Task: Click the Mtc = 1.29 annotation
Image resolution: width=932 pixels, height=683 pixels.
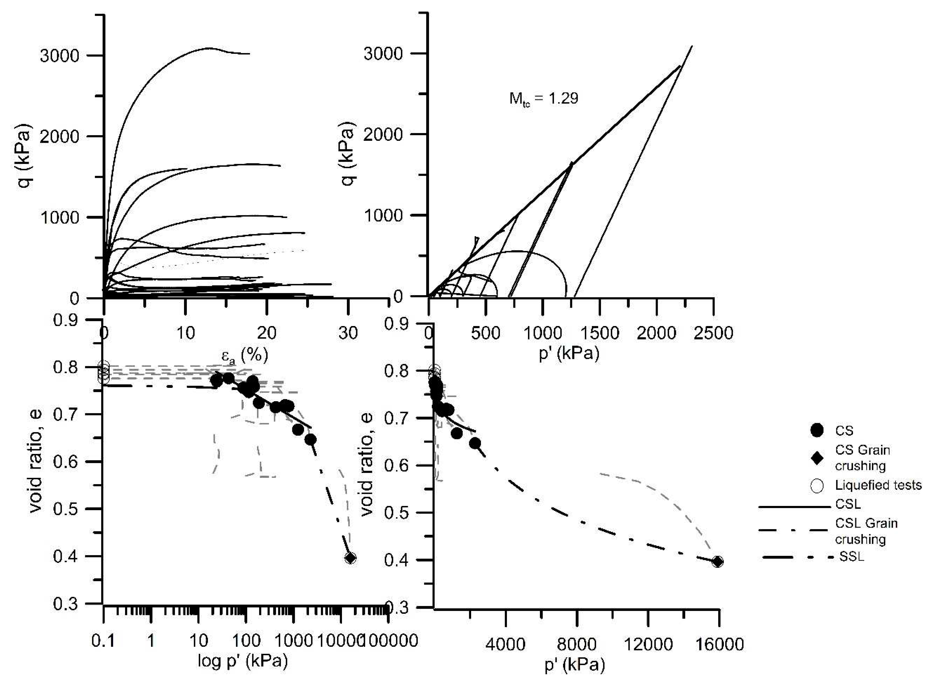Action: click(543, 98)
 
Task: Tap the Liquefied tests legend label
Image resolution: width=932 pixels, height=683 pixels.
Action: click(878, 485)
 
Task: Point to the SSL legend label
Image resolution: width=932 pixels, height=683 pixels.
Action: click(851, 557)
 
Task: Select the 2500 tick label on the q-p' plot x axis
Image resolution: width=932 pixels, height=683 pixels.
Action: click(713, 333)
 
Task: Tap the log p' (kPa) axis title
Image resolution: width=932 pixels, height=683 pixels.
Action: click(243, 660)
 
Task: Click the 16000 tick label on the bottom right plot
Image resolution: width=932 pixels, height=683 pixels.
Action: click(719, 644)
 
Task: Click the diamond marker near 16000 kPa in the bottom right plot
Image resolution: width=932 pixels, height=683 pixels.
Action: click(718, 562)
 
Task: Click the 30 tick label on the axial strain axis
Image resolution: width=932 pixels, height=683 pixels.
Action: click(348, 333)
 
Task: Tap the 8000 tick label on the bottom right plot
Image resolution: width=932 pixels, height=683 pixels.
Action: click(577, 644)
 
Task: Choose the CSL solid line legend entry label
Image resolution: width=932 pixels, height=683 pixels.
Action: click(848, 504)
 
